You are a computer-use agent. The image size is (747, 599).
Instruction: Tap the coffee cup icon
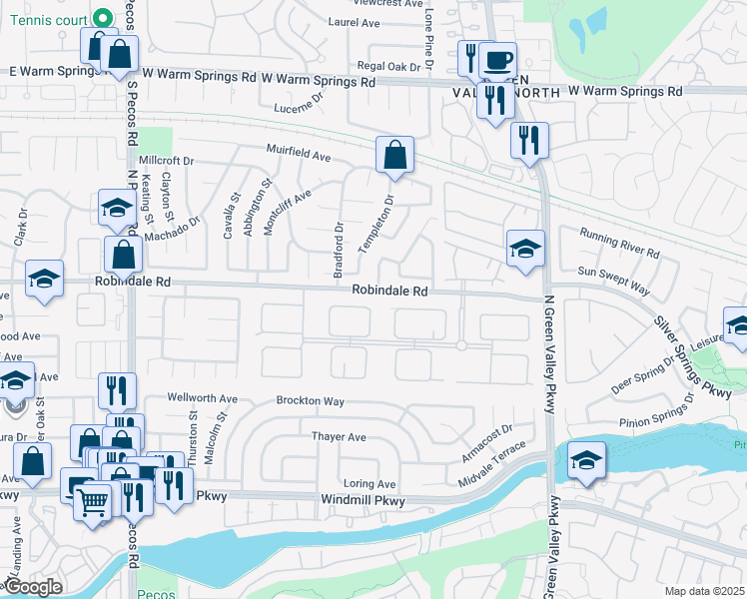(497, 59)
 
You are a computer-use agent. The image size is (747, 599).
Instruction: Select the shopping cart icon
(92, 502)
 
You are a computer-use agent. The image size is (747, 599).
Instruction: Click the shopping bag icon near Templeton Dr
(394, 156)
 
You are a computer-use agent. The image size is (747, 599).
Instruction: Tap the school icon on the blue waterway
(587, 460)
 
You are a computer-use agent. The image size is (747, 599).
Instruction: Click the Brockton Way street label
(311, 401)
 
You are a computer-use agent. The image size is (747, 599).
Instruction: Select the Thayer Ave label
(339, 437)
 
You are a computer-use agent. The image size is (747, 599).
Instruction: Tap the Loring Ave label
(370, 483)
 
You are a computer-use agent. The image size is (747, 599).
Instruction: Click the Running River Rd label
(620, 243)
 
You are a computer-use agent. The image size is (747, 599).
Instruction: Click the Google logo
(32, 587)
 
